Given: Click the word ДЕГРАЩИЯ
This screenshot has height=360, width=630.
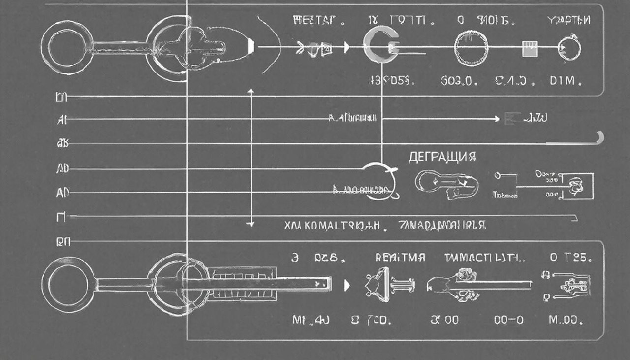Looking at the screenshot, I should pyautogui.click(x=442, y=157).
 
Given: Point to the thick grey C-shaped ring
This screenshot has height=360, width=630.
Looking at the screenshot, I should pyautogui.click(x=378, y=47).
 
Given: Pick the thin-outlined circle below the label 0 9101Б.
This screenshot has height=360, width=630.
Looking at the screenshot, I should pyautogui.click(x=472, y=48).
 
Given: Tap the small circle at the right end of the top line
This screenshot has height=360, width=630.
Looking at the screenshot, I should pyautogui.click(x=569, y=48).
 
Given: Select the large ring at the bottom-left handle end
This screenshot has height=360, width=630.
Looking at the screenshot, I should pyautogui.click(x=66, y=284).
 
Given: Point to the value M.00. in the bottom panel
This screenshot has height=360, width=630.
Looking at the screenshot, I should pyautogui.click(x=566, y=320).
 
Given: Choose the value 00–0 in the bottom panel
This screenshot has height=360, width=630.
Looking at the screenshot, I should pyautogui.click(x=509, y=320).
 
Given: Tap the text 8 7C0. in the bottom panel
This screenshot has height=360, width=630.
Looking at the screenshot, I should pyautogui.click(x=372, y=320).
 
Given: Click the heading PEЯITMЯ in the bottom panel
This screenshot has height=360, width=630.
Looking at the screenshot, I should pyautogui.click(x=400, y=258).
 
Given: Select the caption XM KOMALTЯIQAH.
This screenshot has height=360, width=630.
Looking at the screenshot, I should pyautogui.click(x=333, y=226).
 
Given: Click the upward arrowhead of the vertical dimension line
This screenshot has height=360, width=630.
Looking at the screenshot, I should pyautogui.click(x=251, y=91).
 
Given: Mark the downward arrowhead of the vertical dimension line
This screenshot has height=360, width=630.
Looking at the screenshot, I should pyautogui.click(x=251, y=224).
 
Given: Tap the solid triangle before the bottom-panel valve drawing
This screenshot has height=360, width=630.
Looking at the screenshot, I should pyautogui.click(x=346, y=284).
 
